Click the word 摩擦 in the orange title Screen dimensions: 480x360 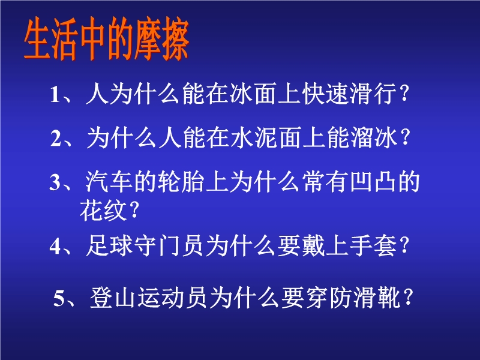pyautogui.click(x=161, y=39)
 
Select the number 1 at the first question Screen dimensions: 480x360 pyautogui.click(x=55, y=94)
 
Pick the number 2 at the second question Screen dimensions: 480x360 pyautogui.click(x=56, y=139)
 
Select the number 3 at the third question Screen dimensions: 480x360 pyautogui.click(x=55, y=183)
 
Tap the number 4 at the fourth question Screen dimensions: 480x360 pyautogui.click(x=55, y=247)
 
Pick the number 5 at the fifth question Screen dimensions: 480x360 pyautogui.click(x=59, y=298)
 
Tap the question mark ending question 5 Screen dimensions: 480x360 pyautogui.click(x=409, y=297)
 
